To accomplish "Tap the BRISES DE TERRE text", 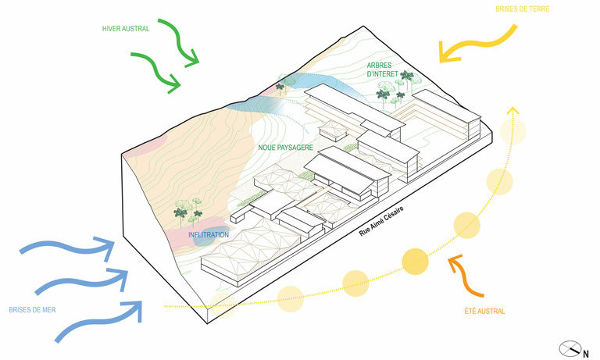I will pos(522,9).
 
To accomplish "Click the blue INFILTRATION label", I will pos(209,234).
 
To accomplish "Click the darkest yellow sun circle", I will pos(415,260).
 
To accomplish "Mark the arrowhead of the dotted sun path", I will pos(512,112).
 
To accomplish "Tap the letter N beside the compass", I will pos(585,354).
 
